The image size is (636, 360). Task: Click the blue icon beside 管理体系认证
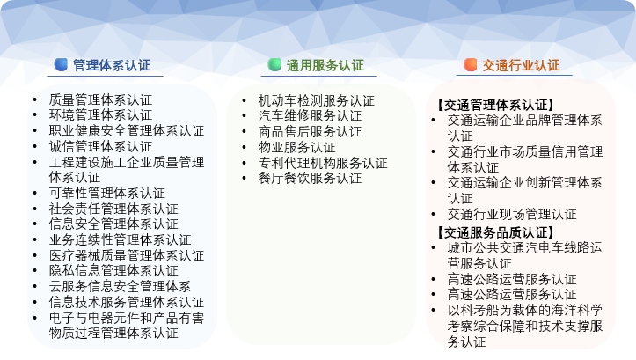(x=61, y=64)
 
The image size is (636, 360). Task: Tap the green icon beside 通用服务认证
(x=274, y=64)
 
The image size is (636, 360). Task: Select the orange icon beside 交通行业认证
(x=470, y=64)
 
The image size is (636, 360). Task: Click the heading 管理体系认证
(x=112, y=65)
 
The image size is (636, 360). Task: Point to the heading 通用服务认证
(x=325, y=65)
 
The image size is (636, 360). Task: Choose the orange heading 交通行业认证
(x=521, y=65)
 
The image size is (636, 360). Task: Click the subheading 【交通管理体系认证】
(x=495, y=105)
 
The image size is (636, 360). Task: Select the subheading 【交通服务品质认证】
(x=495, y=232)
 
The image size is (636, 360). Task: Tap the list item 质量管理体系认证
(x=100, y=99)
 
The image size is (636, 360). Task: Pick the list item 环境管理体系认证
(x=100, y=114)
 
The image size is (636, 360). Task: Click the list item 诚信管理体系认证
(x=100, y=146)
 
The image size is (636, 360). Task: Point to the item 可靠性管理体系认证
(x=107, y=193)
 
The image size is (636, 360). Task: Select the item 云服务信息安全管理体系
(x=120, y=287)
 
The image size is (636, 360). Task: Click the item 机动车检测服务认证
(x=317, y=100)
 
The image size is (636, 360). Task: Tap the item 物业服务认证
(x=297, y=147)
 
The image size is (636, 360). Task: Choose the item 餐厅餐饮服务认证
(x=310, y=178)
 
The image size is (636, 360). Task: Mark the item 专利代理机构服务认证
(x=323, y=163)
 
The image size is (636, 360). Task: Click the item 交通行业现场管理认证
(x=512, y=214)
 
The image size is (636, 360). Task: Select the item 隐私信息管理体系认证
(x=113, y=271)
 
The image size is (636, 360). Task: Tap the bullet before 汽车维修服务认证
(x=245, y=116)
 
